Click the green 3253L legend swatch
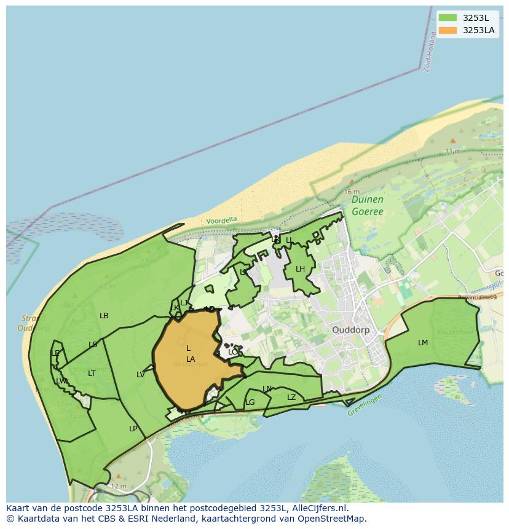pos(448,18)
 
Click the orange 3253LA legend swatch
pos(448,30)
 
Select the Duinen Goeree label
pos(368,206)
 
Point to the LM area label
pos(423,343)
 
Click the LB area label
pos(104,316)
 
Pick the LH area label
pos(300,269)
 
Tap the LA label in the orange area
pos(191,359)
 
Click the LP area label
pos(133,429)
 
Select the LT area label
pos(92,374)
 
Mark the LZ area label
pos(291,398)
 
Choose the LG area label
pos(250,403)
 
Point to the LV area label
pos(141,375)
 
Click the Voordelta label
pos(221,220)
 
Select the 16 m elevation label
pos(352,192)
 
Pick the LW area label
pos(61,382)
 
